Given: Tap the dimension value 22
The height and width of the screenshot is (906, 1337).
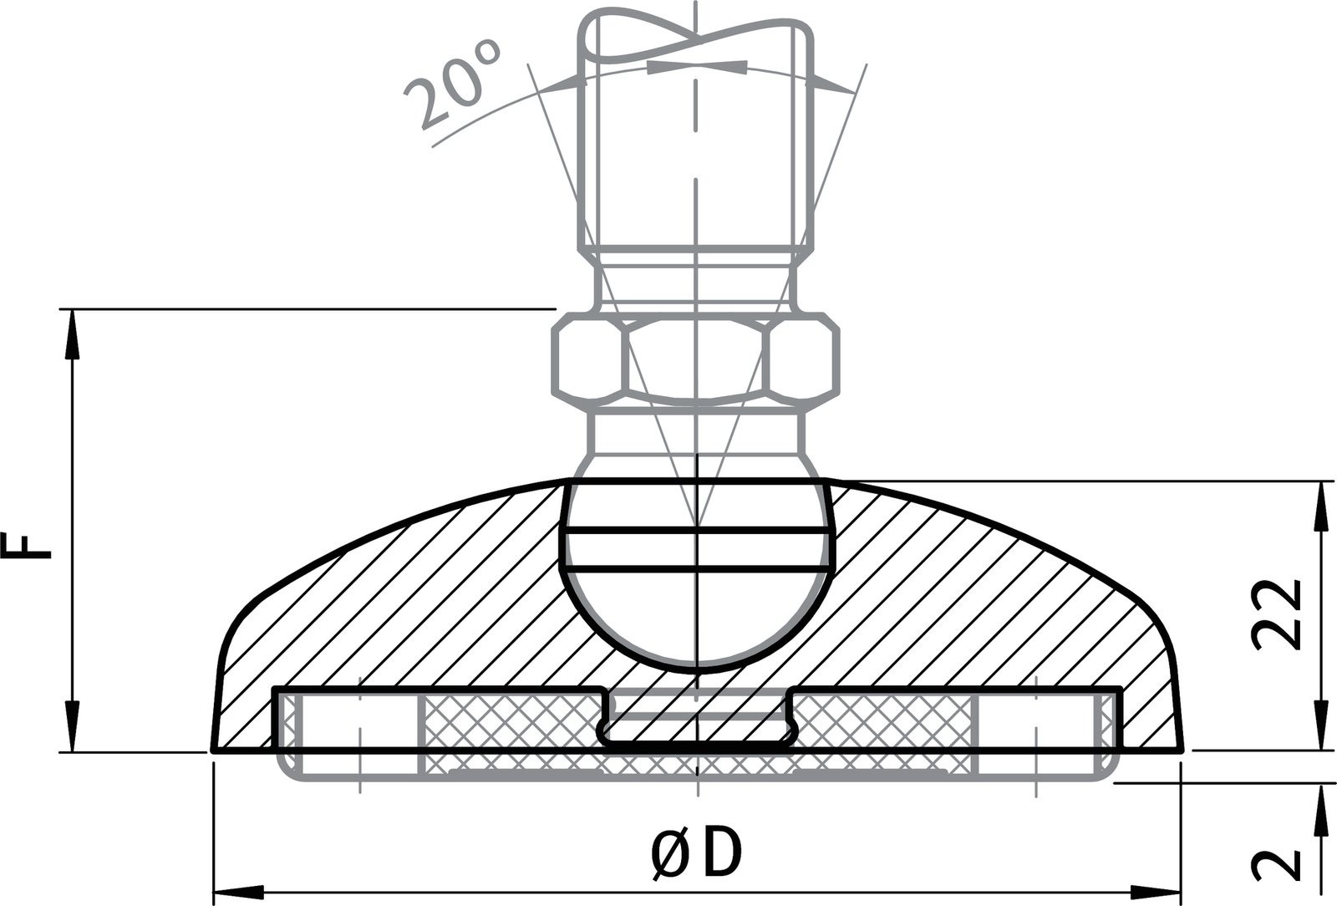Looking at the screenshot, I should (1277, 613).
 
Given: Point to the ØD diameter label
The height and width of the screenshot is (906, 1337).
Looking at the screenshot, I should (695, 853).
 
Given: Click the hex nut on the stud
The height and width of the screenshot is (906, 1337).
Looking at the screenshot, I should (695, 357).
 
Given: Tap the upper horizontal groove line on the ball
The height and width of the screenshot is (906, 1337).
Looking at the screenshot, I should (695, 530).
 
